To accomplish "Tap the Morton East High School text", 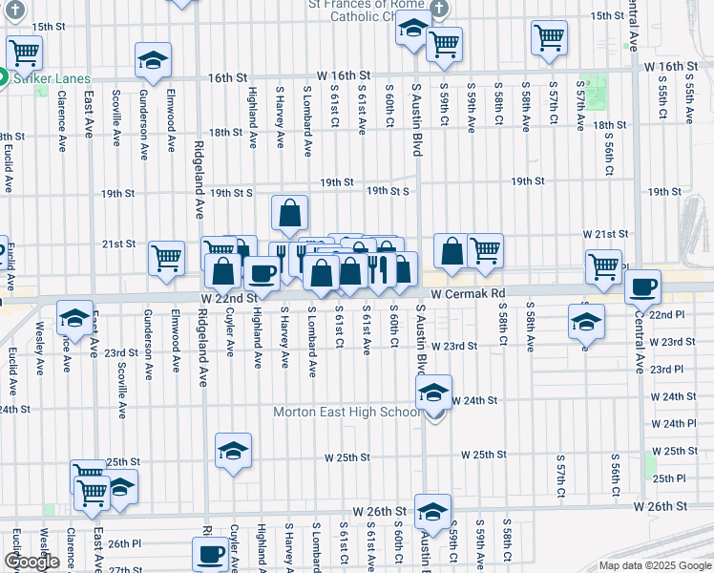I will (x=346, y=413).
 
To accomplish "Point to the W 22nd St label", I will (x=229, y=298).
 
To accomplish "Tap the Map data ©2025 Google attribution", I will (x=654, y=565).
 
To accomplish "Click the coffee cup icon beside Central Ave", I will (x=642, y=286).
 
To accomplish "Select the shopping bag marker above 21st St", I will (x=289, y=213).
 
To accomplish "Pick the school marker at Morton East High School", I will (x=433, y=393).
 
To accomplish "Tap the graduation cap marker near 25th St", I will (x=233, y=452).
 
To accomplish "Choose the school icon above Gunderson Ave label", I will (x=153, y=61).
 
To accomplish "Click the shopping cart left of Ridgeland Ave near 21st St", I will (x=167, y=258).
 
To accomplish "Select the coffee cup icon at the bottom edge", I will (x=209, y=553).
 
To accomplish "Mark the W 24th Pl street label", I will (x=679, y=423).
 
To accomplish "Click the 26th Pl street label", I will (x=125, y=544).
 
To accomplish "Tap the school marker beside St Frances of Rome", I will (x=413, y=31).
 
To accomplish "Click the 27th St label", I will (x=125, y=569).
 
